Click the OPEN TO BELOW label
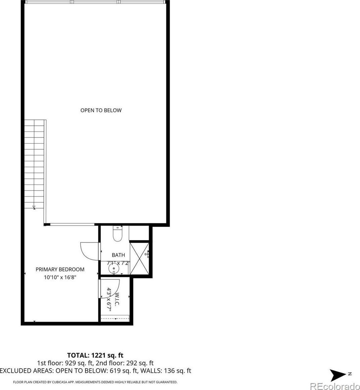click(x=101, y=110)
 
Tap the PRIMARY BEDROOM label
click(x=60, y=269)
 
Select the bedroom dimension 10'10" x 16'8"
click(x=60, y=277)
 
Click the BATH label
click(x=118, y=255)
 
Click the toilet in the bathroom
click(x=117, y=233)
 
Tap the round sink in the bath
click(x=114, y=269)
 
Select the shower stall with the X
click(x=140, y=259)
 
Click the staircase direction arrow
click(x=34, y=207)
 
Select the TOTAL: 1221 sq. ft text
click(x=95, y=355)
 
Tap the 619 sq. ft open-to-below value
click(x=124, y=371)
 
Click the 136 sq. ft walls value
click(x=177, y=371)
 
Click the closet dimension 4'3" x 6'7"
click(x=109, y=299)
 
